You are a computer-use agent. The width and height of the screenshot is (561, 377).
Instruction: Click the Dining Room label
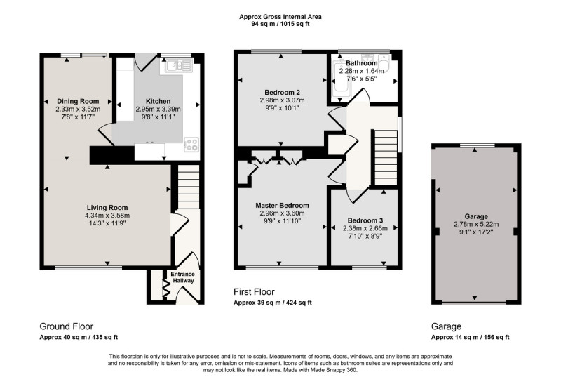point(78,101)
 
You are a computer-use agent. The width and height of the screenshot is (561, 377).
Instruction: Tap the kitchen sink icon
point(179,65)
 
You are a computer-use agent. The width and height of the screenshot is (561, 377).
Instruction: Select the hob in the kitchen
point(191,145)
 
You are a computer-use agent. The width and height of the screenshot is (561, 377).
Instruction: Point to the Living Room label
point(107,208)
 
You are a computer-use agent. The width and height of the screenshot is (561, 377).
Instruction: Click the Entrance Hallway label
point(183,277)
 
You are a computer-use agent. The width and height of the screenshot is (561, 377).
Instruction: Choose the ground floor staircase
point(189,187)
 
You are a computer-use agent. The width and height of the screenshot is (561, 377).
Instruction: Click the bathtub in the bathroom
point(338,78)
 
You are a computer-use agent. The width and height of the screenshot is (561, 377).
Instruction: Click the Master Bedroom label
point(283,206)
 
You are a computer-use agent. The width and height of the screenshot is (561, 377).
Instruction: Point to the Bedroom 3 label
point(365,220)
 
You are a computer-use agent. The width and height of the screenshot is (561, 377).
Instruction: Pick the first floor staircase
point(386,157)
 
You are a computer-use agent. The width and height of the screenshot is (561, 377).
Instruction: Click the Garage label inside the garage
point(476,216)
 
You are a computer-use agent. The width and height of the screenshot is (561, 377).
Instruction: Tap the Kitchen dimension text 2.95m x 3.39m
point(158,110)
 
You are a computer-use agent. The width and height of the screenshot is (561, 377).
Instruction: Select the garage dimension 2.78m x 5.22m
point(476,225)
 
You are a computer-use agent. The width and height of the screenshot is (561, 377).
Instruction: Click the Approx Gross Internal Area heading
point(280,16)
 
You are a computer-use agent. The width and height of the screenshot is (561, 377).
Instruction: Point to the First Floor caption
point(254,292)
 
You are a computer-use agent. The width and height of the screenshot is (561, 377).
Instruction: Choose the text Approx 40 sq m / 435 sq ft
point(79,337)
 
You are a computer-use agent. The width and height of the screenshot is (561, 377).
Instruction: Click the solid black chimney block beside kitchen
point(111,155)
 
